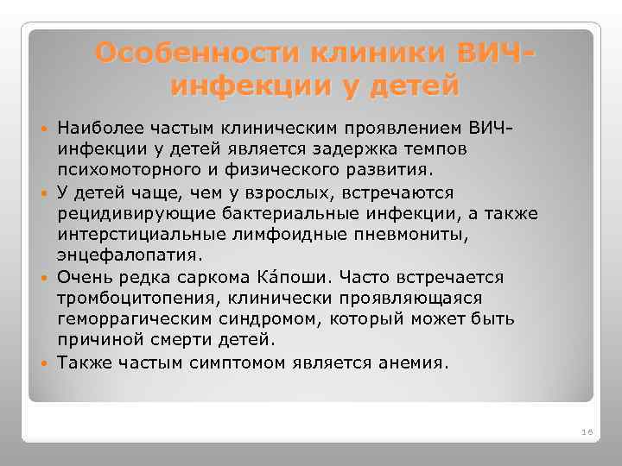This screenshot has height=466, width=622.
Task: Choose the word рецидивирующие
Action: click(x=124, y=213)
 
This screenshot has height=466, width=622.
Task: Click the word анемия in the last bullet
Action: click(x=412, y=362)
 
